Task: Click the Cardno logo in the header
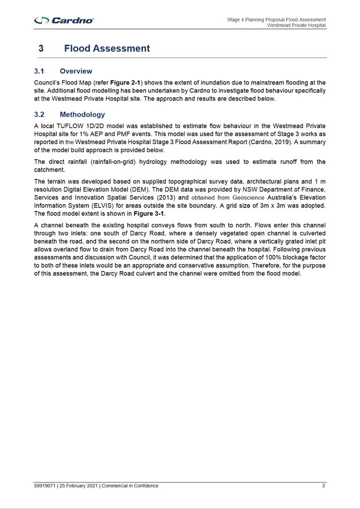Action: [64, 20]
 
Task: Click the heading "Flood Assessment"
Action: [107, 49]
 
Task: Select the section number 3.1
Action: [39, 71]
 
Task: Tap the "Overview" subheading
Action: [76, 71]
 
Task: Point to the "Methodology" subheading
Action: [82, 114]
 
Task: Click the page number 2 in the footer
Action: [324, 486]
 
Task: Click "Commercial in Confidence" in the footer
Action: [130, 486]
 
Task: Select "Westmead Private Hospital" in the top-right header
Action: [296, 25]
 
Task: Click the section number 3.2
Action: [39, 114]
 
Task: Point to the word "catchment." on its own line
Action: [50, 170]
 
